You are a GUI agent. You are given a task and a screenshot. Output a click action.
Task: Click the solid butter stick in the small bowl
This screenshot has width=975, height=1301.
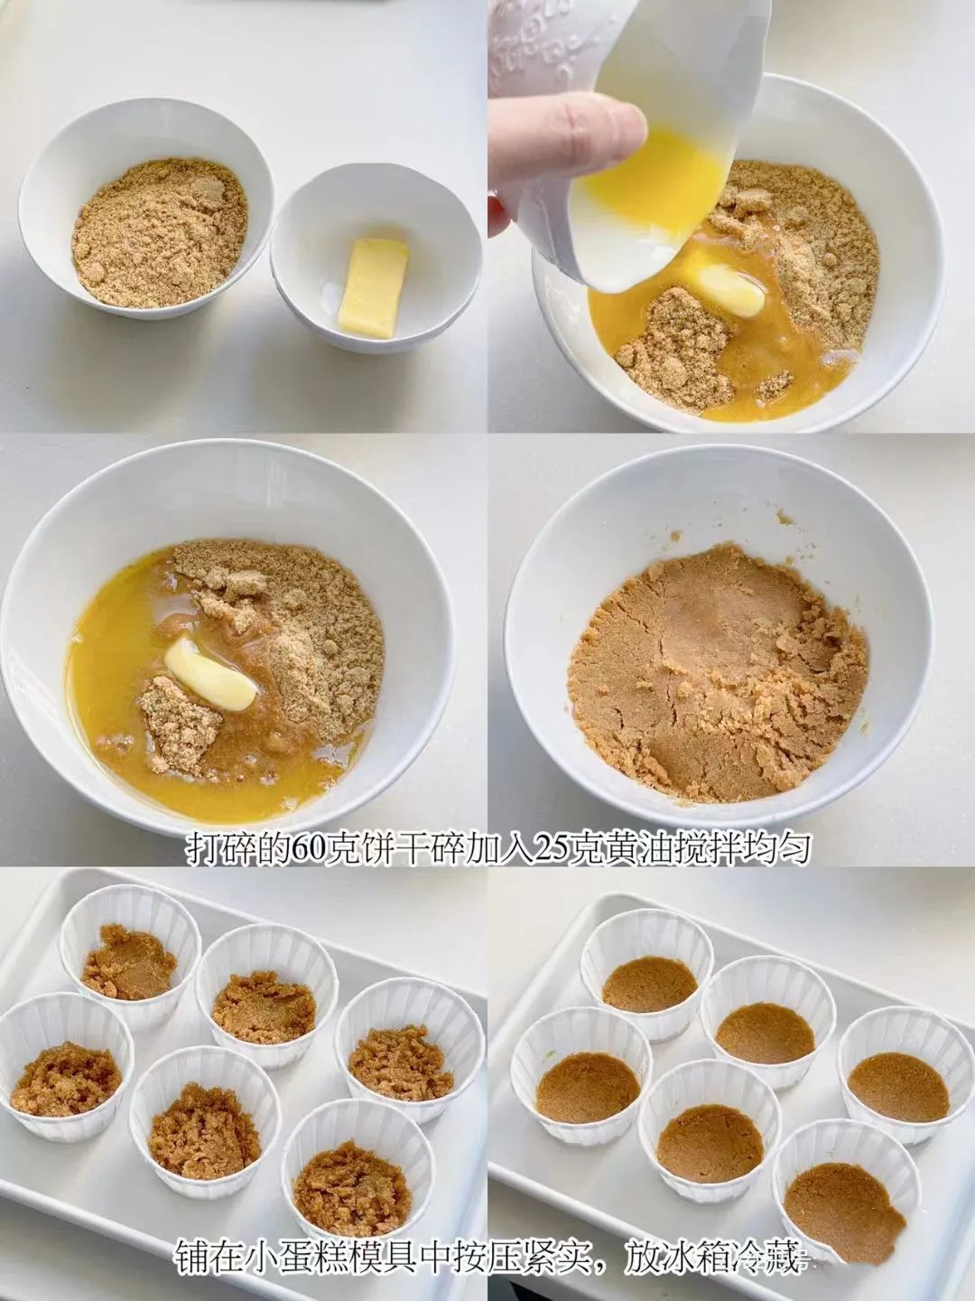tap(373, 288)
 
